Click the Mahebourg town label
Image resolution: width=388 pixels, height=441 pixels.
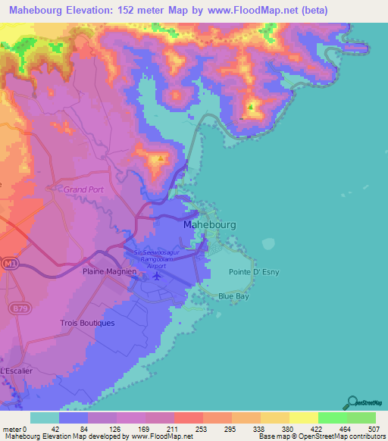click(210, 225)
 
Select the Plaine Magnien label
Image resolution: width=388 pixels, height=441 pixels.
click(109, 271)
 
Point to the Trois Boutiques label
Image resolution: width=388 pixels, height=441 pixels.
click(87, 323)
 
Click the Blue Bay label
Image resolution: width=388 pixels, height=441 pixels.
click(233, 296)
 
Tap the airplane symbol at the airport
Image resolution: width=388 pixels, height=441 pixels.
click(157, 274)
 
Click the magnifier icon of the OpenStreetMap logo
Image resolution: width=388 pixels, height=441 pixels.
click(352, 402)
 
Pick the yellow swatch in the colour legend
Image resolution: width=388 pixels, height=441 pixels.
click(302, 418)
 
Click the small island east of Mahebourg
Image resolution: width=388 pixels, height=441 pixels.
click(268, 244)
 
